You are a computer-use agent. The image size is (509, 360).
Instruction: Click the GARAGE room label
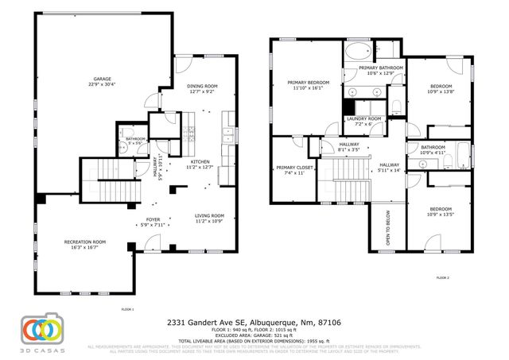[x=102, y=79]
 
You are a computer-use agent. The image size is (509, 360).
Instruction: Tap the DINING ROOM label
[x=202, y=86]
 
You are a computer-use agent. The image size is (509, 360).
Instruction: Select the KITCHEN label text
[x=200, y=162]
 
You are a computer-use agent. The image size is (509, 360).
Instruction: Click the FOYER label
[x=153, y=219]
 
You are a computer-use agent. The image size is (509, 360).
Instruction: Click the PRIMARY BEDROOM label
[x=309, y=83]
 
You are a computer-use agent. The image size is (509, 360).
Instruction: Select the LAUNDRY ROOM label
[x=363, y=119]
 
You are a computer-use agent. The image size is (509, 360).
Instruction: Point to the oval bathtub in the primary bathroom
[x=357, y=55]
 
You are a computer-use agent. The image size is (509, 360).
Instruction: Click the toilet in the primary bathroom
[x=394, y=107]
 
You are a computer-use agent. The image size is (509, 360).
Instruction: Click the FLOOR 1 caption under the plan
[x=127, y=308]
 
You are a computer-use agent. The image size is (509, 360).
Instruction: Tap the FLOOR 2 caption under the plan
[x=442, y=277]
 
